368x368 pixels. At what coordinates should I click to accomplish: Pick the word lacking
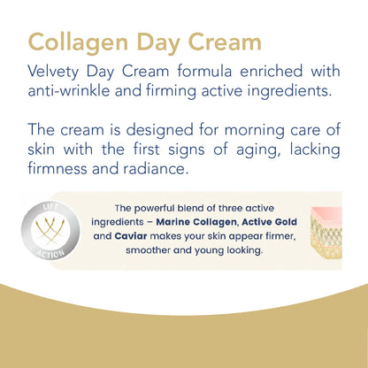click(313, 148)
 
